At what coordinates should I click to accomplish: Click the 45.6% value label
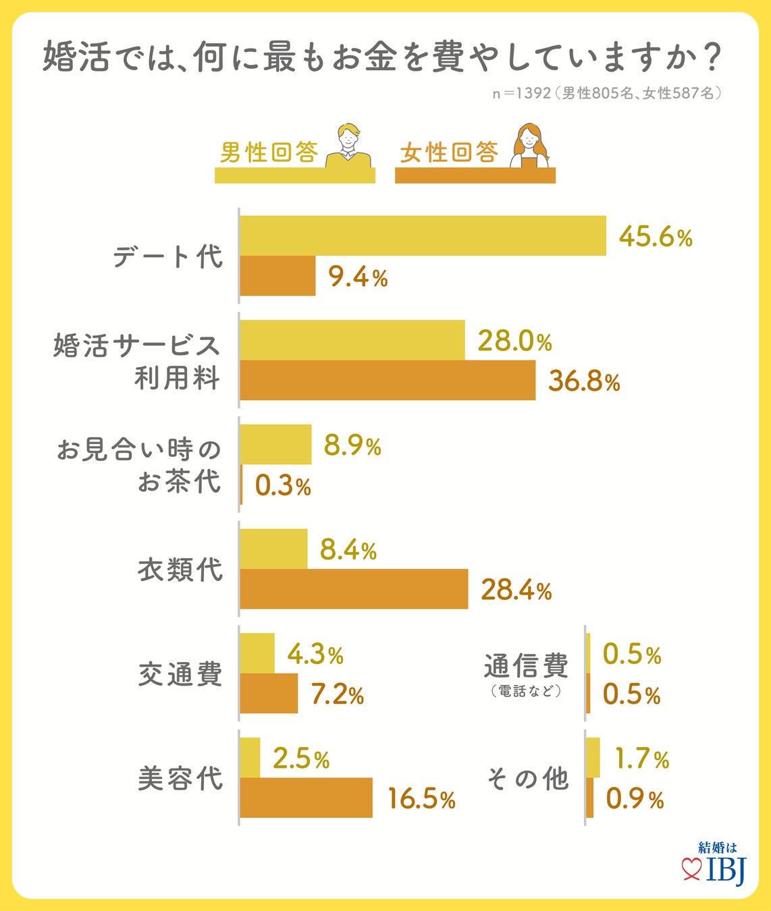click(656, 237)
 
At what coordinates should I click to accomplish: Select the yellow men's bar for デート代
click(423, 236)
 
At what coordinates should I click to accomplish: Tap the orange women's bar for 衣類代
click(354, 589)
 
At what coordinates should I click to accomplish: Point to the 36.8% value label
click(584, 381)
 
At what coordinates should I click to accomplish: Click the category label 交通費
click(180, 674)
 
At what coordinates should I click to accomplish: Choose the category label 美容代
click(180, 779)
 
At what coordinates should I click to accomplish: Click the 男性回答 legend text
click(269, 153)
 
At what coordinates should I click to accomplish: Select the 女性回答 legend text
click(449, 153)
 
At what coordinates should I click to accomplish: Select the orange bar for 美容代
click(307, 798)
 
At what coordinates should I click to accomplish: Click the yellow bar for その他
click(593, 758)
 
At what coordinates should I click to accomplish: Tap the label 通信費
click(526, 666)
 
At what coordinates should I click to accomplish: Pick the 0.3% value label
click(283, 486)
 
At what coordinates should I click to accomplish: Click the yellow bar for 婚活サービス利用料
click(352, 340)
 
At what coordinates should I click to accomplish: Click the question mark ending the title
click(708, 58)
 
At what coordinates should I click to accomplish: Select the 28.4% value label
click(516, 590)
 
